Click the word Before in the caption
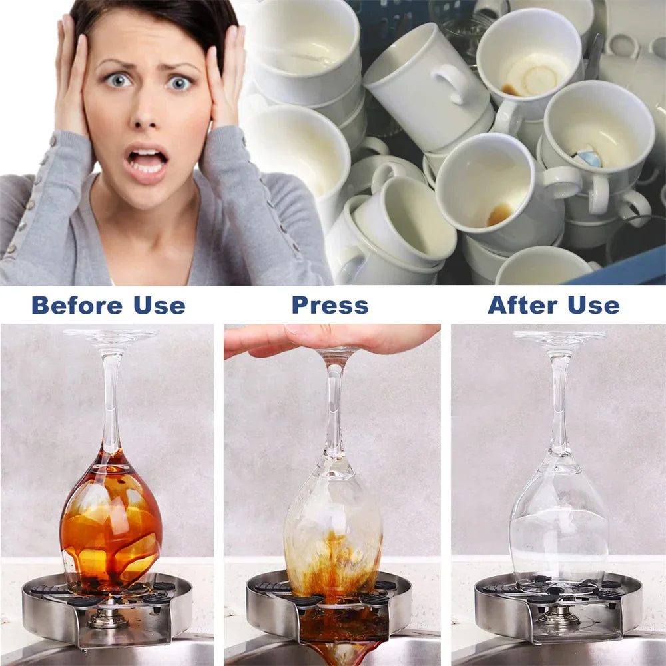click(x=77, y=305)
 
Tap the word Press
click(x=330, y=305)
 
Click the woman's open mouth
click(x=148, y=161)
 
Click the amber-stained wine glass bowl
click(x=111, y=519)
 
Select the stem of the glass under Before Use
click(x=111, y=400)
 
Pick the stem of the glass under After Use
click(x=559, y=406)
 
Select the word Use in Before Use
click(x=159, y=305)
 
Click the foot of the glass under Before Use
click(x=111, y=335)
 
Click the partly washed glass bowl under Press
click(x=333, y=526)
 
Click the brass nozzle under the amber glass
click(x=110, y=616)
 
